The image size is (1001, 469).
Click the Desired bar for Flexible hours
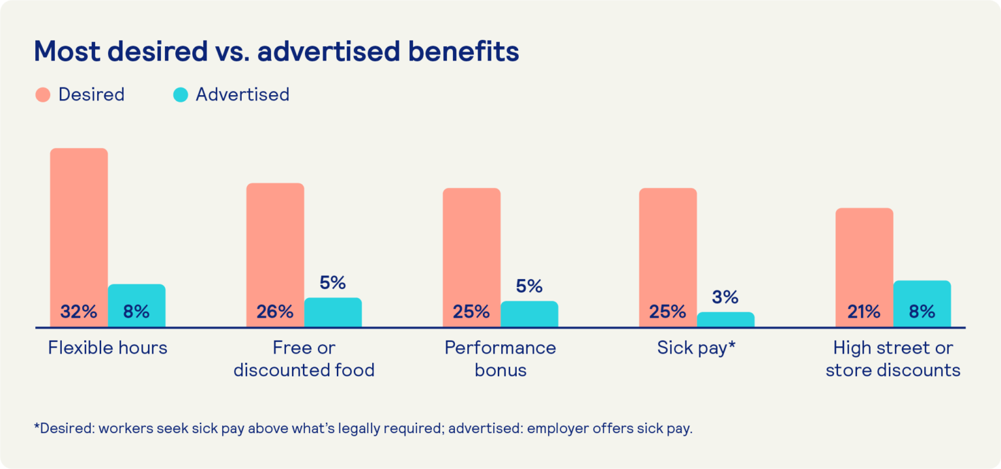point(79,222)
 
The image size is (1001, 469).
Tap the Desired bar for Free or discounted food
point(275,241)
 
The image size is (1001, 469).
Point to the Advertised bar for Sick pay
point(725,320)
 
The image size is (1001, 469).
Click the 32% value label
point(78,312)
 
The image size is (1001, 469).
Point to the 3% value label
point(725,297)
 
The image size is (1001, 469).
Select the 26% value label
point(274,312)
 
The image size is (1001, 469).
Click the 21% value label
point(863,312)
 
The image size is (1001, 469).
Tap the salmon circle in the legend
point(42,95)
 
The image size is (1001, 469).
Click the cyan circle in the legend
point(181,95)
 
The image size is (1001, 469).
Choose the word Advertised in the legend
point(242,95)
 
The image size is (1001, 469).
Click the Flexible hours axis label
point(108,348)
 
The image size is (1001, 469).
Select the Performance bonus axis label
point(500,359)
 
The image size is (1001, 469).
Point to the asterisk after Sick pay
point(732,345)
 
